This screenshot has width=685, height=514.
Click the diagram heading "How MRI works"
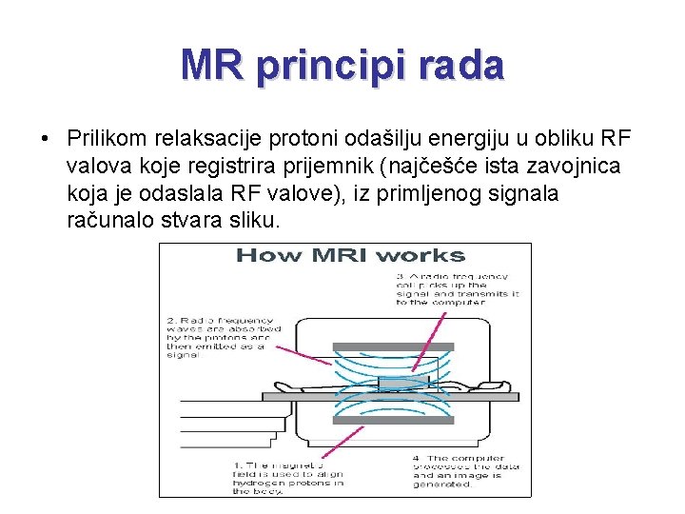(349, 255)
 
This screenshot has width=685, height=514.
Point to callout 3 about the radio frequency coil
(457, 289)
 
